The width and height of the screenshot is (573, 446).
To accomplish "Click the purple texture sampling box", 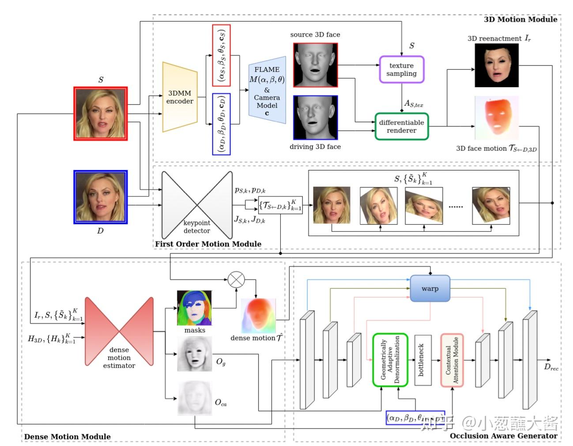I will pyautogui.click(x=401, y=69).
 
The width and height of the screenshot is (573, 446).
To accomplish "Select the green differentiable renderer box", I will pyautogui.click(x=401, y=126).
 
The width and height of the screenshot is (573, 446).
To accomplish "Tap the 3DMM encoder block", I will pyautogui.click(x=180, y=97).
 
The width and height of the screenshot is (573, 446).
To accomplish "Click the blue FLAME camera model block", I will pyautogui.click(x=267, y=91).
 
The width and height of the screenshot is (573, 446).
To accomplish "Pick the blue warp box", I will pyautogui.click(x=430, y=289).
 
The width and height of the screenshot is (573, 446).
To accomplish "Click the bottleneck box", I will pyautogui.click(x=422, y=360).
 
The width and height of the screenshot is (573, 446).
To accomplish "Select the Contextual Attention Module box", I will pyautogui.click(x=452, y=360).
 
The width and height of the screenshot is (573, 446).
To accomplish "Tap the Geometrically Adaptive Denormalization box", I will pyautogui.click(x=389, y=360).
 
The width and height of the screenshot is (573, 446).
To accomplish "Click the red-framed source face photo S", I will pyautogui.click(x=101, y=114).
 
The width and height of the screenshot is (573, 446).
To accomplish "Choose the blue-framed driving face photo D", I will pyautogui.click(x=101, y=197).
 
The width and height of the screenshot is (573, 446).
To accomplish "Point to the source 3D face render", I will pyautogui.click(x=315, y=65).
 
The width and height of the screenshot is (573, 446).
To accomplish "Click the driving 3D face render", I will pyautogui.click(x=315, y=118).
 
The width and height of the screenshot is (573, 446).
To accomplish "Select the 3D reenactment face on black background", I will pyautogui.click(x=496, y=65).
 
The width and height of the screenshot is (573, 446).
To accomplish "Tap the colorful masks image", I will pyautogui.click(x=194, y=308).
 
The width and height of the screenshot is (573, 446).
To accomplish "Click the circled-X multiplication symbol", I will pyautogui.click(x=236, y=279).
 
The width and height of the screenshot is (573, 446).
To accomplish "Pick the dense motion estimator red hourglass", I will pyautogui.click(x=119, y=331).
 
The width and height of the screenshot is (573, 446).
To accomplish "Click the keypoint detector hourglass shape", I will pyautogui.click(x=197, y=204).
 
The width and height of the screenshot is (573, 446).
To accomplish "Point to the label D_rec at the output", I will pyautogui.click(x=551, y=367).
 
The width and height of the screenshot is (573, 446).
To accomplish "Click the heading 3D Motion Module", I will pyautogui.click(x=520, y=19).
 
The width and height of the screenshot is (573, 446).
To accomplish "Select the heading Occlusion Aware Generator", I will pyautogui.click(x=503, y=436).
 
